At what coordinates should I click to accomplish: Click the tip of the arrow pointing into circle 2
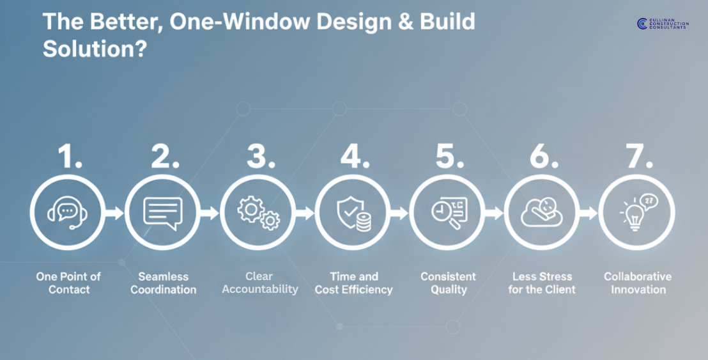124,213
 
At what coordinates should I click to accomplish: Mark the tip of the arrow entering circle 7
598,213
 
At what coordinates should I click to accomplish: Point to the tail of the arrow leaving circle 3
295,213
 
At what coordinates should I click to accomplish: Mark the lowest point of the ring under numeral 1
68,250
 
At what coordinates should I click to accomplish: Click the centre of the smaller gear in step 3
270,221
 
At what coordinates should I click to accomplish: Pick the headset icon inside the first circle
68,212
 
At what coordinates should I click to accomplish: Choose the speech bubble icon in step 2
162,213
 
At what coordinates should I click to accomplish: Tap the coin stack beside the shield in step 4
364,223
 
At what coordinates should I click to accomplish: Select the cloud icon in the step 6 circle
541,212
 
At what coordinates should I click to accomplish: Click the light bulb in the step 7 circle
635,217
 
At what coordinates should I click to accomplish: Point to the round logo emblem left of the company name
642,24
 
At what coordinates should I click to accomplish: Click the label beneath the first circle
68,283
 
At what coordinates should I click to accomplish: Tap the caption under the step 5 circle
448,283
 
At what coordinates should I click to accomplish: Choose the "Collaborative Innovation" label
638,283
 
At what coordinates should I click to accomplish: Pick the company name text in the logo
669,24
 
